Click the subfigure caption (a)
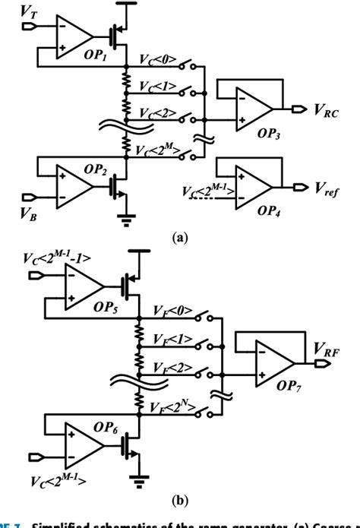(x=180, y=237)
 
